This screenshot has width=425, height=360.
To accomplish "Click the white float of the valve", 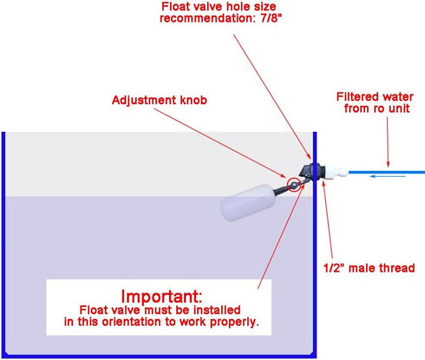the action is coord(246,202).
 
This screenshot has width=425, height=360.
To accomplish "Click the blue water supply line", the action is coord(387,173).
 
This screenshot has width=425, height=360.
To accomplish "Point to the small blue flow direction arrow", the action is coord(388,176).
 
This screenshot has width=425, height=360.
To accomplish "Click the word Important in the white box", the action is coord(161,296).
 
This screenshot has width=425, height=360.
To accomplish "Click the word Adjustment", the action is coord(144,101).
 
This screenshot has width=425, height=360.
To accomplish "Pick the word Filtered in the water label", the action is coord(357,96).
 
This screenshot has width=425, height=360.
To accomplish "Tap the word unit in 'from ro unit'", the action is coord(399,108).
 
